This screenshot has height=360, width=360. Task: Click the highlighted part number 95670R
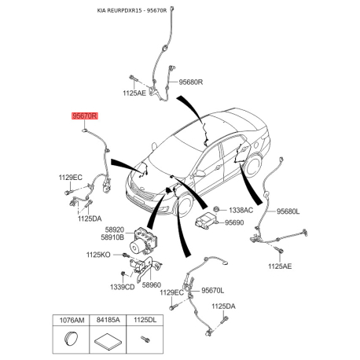pyautogui.click(x=85, y=116)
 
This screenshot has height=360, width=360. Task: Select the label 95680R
pyautogui.click(x=191, y=82)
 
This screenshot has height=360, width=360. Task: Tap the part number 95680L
pyautogui.click(x=288, y=211)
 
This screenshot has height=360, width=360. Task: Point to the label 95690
pyautogui.click(x=234, y=222)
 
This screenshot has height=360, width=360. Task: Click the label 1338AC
pyautogui.click(x=241, y=210)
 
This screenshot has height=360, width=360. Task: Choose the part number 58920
pyautogui.click(x=115, y=230)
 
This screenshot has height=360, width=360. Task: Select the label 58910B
pyautogui.click(x=112, y=237)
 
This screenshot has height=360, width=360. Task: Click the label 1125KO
pyautogui.click(x=98, y=255)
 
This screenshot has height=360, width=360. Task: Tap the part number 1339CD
pyautogui.click(x=122, y=287)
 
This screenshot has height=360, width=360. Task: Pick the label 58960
pyautogui.click(x=152, y=285)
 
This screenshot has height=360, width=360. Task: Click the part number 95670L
pyautogui.click(x=213, y=291)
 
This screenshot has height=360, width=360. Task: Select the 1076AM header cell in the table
pyautogui.click(x=72, y=320)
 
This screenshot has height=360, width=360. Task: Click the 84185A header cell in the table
pyautogui.click(x=108, y=320)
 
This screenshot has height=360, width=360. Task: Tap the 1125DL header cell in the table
pyautogui.click(x=145, y=320)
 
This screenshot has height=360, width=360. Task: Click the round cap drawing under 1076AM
pyautogui.click(x=71, y=339)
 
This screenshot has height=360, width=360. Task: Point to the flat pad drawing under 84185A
pyautogui.click(x=108, y=341)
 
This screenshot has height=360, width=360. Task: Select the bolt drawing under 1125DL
pyautogui.click(x=145, y=340)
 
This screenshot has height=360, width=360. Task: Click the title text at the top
pyautogui.click(x=132, y=11)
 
